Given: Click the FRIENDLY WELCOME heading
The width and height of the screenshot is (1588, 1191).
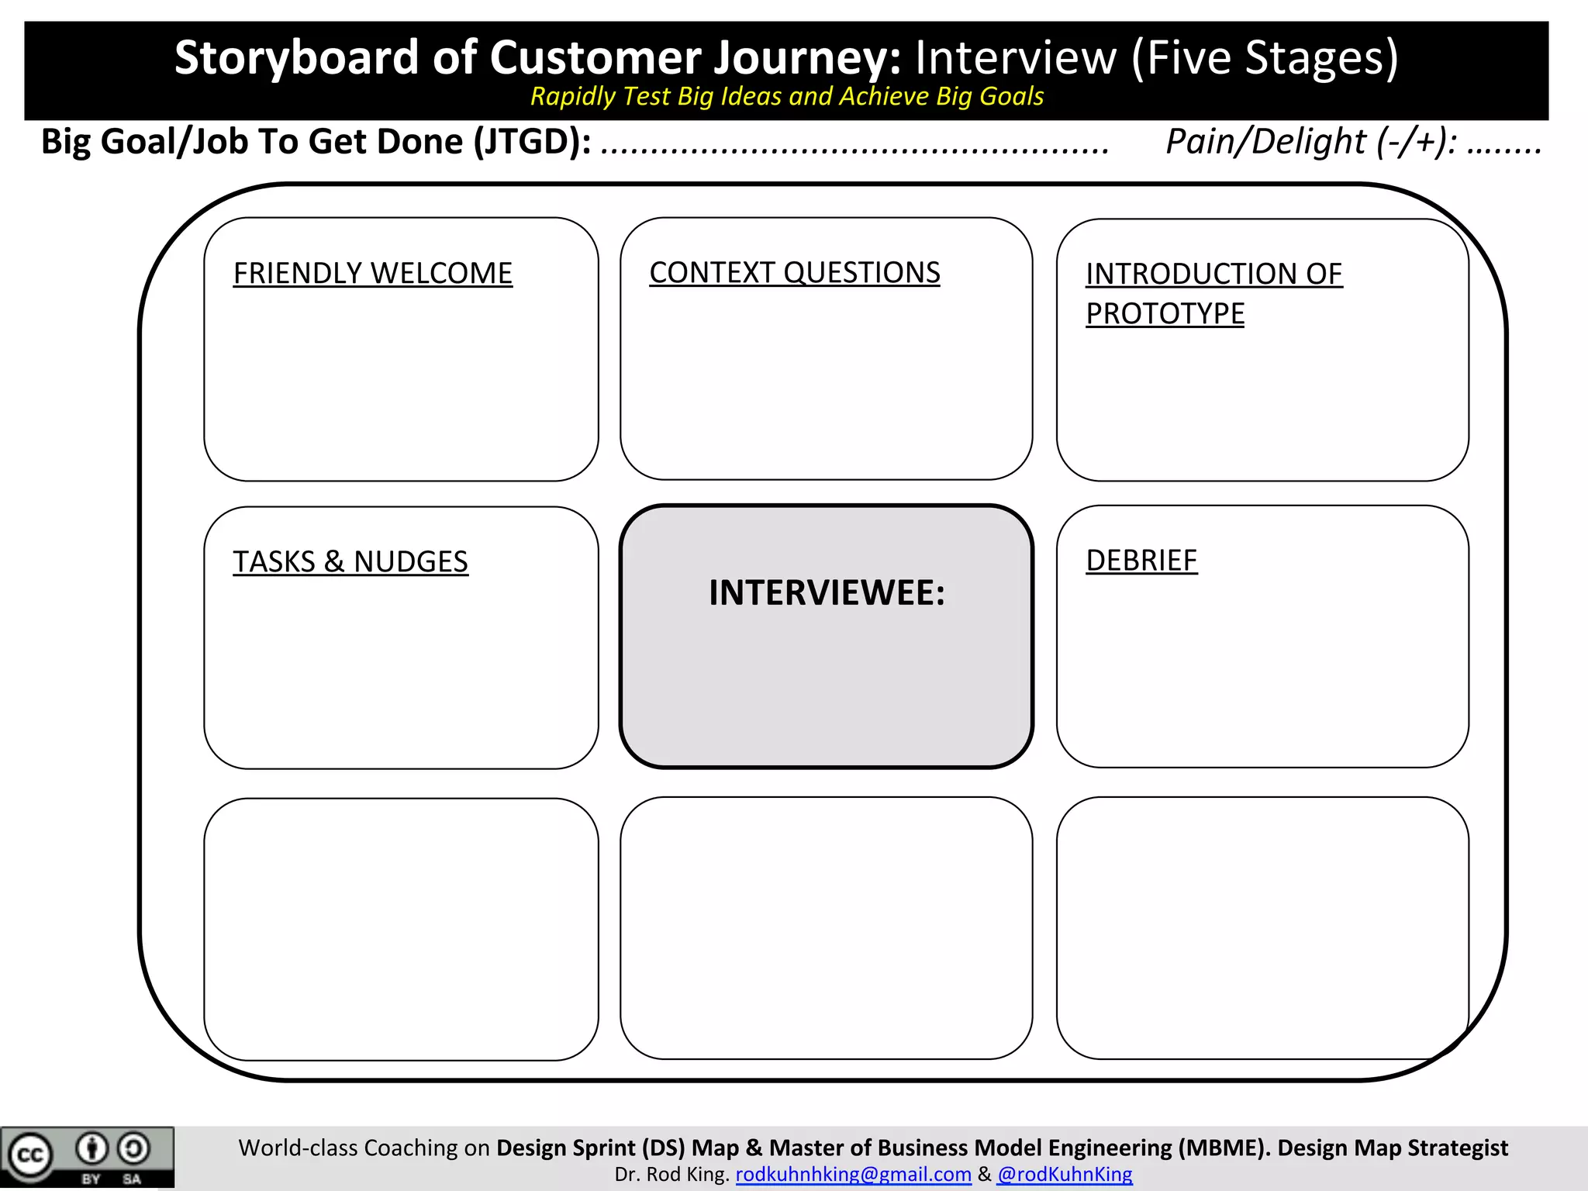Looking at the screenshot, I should [x=372, y=273].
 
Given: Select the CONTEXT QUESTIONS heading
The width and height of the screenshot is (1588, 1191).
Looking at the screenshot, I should [x=794, y=272].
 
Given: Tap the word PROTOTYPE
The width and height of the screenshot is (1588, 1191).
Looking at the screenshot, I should [x=1165, y=313].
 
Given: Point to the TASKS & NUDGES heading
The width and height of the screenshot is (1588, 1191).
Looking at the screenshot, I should [x=350, y=561].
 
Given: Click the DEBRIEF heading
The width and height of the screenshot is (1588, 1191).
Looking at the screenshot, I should [x=1141, y=560].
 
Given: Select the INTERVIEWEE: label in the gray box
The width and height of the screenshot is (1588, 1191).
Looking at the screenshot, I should [x=827, y=592].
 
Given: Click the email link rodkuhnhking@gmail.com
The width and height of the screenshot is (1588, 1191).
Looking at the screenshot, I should [x=853, y=1174].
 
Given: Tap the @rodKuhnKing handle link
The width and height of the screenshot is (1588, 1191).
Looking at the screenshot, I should [x=1064, y=1174].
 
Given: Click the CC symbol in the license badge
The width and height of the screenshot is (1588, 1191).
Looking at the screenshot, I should [x=30, y=1155].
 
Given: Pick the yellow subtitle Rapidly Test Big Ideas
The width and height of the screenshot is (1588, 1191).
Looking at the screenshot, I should [x=786, y=96].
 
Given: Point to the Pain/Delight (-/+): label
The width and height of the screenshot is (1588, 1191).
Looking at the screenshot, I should [x=1310, y=141].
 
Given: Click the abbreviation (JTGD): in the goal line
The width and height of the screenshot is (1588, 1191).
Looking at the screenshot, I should [x=533, y=141].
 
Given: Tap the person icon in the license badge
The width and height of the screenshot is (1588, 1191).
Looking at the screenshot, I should [x=91, y=1148].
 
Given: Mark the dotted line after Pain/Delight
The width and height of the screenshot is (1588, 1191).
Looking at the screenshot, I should [x=1504, y=147].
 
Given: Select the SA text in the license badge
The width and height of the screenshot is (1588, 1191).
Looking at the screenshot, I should [x=132, y=1179].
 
